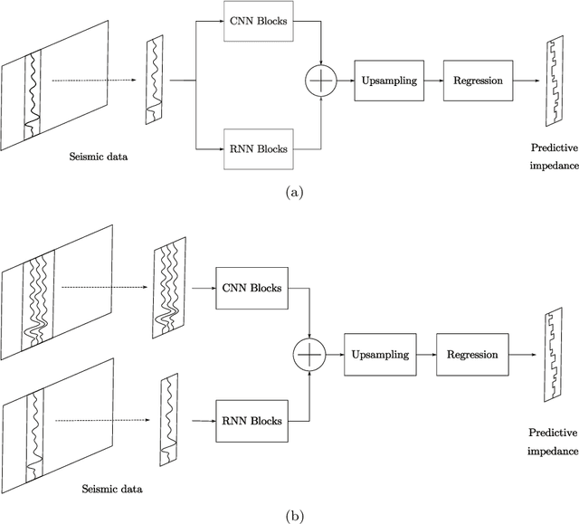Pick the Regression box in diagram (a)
477,81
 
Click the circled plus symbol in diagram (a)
321,81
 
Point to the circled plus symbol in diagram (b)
310,354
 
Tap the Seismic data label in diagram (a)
99,156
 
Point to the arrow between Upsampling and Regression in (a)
430,81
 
